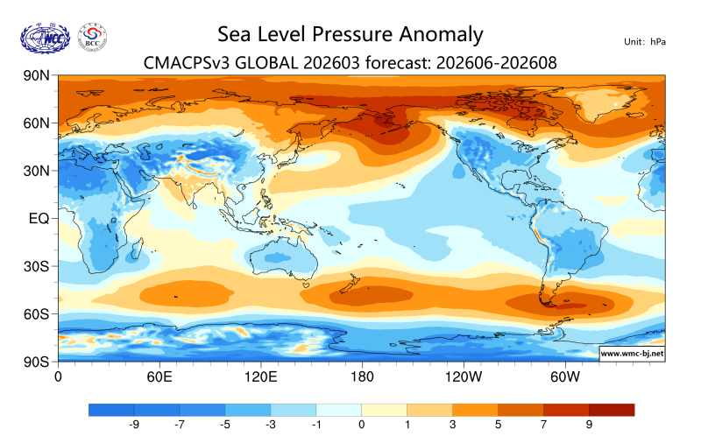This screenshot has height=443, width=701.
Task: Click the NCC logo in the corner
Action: click(45, 37)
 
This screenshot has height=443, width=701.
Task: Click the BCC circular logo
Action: click(93, 37)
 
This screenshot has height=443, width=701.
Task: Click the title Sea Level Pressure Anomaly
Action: click(350, 34)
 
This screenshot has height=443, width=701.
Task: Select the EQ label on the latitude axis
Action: click(38, 218)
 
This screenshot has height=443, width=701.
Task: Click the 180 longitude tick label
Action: click(362, 377)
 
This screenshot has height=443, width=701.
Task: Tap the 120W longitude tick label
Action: click(464, 377)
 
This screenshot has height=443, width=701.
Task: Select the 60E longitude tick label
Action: click(159, 377)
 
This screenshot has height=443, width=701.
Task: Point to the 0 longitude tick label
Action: click(58, 377)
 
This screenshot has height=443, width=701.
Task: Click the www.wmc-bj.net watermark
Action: click(632, 354)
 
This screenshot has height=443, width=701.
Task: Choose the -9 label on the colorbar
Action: click(135, 425)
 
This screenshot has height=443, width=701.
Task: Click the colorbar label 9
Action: click(589, 425)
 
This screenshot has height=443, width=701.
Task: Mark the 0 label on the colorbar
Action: click(362, 425)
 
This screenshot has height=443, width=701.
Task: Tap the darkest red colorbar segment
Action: click(612, 409)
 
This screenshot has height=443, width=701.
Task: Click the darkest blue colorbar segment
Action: click(111, 409)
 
